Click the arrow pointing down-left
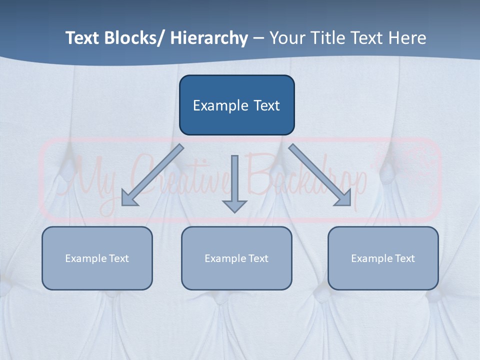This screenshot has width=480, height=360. click(x=152, y=175)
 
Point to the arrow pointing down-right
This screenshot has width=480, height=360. click(x=320, y=175)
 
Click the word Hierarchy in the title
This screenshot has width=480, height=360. click(x=209, y=38)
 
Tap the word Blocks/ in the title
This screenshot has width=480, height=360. click(x=132, y=38)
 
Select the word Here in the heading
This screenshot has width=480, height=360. click(x=406, y=38)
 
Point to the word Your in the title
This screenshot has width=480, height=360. click(x=287, y=38)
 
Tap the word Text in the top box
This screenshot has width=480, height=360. click(x=266, y=105)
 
